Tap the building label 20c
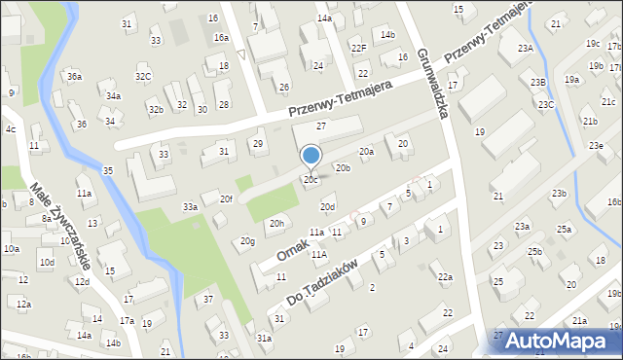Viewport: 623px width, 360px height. [x=311, y=180]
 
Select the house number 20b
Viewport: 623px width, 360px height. [x=343, y=168]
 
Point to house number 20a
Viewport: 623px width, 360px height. [x=366, y=152]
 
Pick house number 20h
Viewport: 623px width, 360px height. [x=277, y=223]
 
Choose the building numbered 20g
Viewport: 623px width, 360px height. [x=248, y=241]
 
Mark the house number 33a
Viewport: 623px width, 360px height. [x=191, y=206]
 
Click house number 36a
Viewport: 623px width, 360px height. [x=74, y=76]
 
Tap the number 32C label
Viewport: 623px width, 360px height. [x=143, y=76]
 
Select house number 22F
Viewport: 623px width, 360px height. [x=358, y=48]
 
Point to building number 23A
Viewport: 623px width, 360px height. [x=526, y=48]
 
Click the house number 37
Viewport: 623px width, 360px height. [x=207, y=300]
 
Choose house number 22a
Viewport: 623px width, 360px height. [x=445, y=277]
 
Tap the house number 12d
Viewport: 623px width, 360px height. [x=82, y=282]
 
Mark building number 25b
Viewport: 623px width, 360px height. [x=534, y=251]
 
